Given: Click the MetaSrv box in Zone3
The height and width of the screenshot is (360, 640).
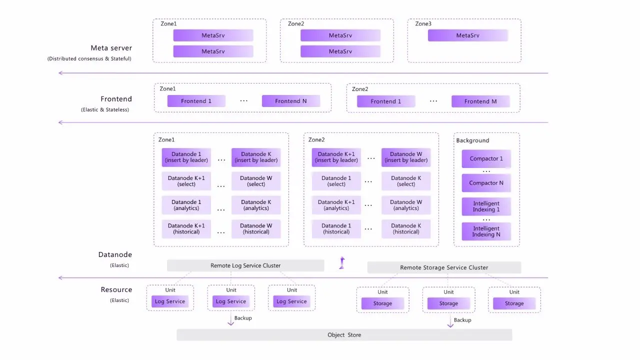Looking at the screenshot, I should click(467, 35).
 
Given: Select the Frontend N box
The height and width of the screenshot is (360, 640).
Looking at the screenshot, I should click(290, 101).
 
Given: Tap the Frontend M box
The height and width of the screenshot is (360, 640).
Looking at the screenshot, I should click(480, 101).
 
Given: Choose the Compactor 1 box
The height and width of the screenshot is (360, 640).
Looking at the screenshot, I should click(486, 158).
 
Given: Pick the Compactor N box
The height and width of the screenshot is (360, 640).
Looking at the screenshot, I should click(486, 183).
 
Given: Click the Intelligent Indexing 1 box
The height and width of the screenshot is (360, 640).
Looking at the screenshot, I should click(486, 206).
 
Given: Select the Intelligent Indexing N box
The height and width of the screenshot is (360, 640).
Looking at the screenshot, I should click(486, 231).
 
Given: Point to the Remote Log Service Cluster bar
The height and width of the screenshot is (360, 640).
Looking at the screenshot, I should click(245, 265).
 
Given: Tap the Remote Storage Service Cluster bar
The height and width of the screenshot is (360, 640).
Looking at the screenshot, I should click(444, 267).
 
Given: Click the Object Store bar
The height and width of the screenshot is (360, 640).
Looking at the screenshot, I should click(344, 335).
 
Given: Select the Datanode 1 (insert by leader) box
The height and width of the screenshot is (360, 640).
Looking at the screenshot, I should click(186, 157).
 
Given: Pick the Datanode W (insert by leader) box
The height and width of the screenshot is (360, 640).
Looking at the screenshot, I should click(406, 157).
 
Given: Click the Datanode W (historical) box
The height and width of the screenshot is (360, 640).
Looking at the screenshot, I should click(256, 228).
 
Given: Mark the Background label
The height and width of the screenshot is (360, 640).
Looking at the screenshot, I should click(472, 140).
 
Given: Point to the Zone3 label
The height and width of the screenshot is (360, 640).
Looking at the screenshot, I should click(423, 23).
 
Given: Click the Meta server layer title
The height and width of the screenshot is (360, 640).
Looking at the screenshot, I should click(111, 48).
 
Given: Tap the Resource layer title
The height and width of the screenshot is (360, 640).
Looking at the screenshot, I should click(116, 289).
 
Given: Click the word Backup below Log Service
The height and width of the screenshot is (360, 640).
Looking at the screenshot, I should click(243, 318).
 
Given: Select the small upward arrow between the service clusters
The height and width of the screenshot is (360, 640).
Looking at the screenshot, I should click(342, 262).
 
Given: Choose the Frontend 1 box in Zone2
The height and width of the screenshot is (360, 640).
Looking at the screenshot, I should click(385, 101).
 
